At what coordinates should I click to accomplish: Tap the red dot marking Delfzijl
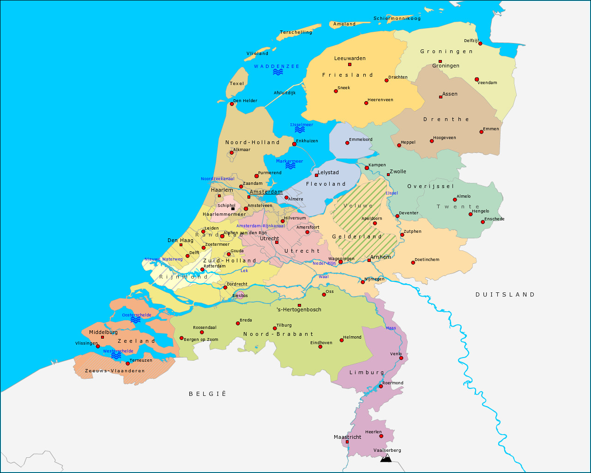[480, 43]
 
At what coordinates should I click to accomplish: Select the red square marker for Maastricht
[347, 442]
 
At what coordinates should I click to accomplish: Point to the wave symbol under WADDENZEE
[277, 72]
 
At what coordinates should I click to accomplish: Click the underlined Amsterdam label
[266, 192]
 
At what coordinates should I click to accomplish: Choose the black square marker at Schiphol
[233, 209]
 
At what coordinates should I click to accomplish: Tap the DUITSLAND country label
[505, 294]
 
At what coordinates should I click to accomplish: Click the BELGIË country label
[208, 394]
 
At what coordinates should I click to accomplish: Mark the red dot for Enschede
[483, 222]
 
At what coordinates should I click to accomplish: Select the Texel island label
[237, 84]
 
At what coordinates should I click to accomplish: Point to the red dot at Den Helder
[232, 104]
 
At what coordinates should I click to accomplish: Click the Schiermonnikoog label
[397, 18]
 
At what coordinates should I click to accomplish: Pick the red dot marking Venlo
[401, 358]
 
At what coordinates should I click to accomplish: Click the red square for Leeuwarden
[350, 64]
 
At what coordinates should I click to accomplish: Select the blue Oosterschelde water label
[137, 315]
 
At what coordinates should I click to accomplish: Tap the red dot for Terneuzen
[128, 364]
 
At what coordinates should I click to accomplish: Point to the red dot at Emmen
[481, 132]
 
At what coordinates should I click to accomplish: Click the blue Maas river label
[391, 328]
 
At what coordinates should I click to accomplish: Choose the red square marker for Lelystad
[316, 175]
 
